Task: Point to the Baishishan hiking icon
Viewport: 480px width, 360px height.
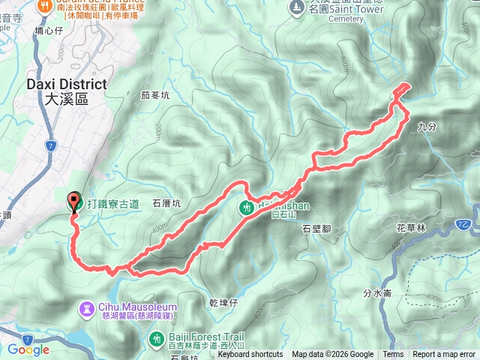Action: tap(248, 208)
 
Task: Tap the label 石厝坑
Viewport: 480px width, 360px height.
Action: tap(166, 203)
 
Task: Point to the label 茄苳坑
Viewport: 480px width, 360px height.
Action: tap(155, 95)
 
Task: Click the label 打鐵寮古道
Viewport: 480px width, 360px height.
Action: tap(112, 203)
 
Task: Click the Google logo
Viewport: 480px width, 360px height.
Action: tap(28, 349)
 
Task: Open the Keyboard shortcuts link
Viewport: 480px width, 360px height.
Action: tap(250, 355)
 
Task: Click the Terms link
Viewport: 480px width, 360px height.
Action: tap(393, 355)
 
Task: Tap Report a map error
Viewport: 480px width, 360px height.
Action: tap(444, 355)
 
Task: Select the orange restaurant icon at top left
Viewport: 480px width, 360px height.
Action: tap(46, 4)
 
